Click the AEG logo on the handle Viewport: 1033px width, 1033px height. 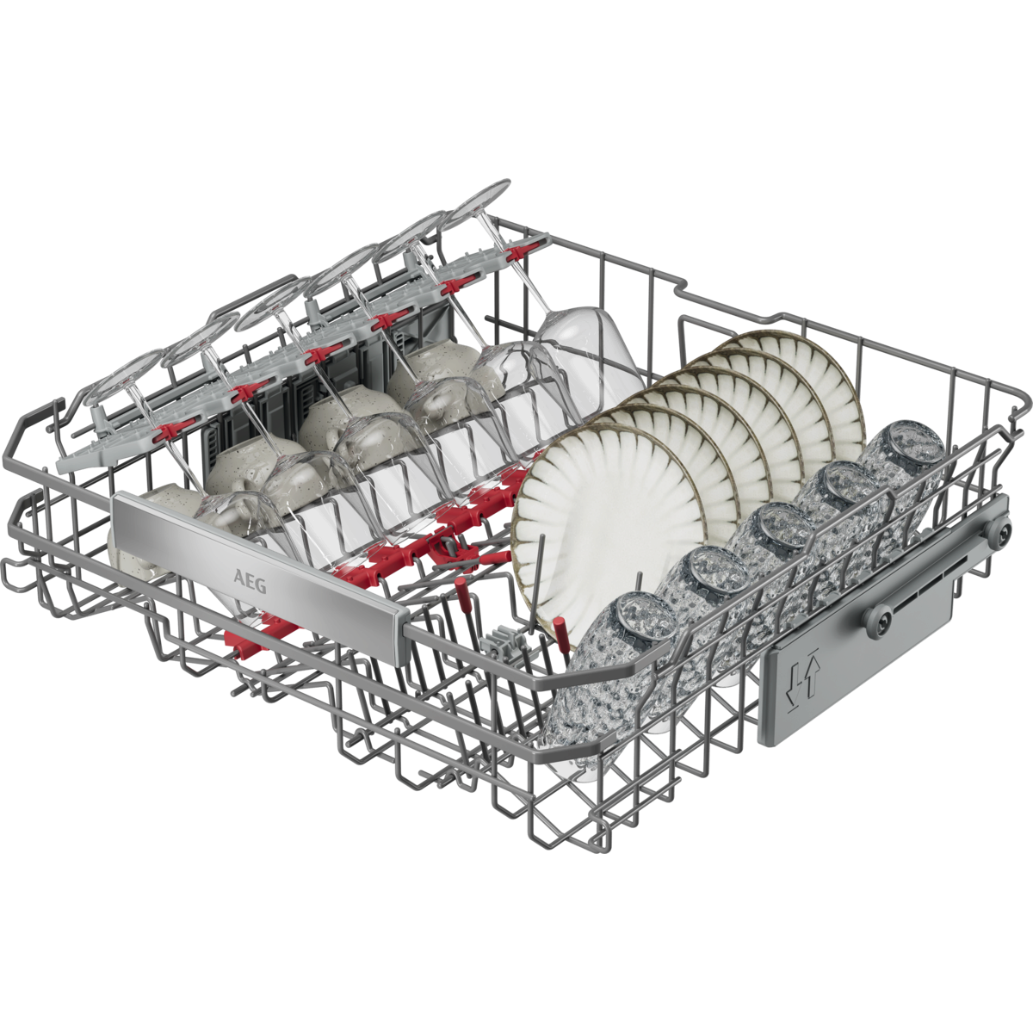point(250,582)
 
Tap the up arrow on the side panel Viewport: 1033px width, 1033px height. point(811,678)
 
